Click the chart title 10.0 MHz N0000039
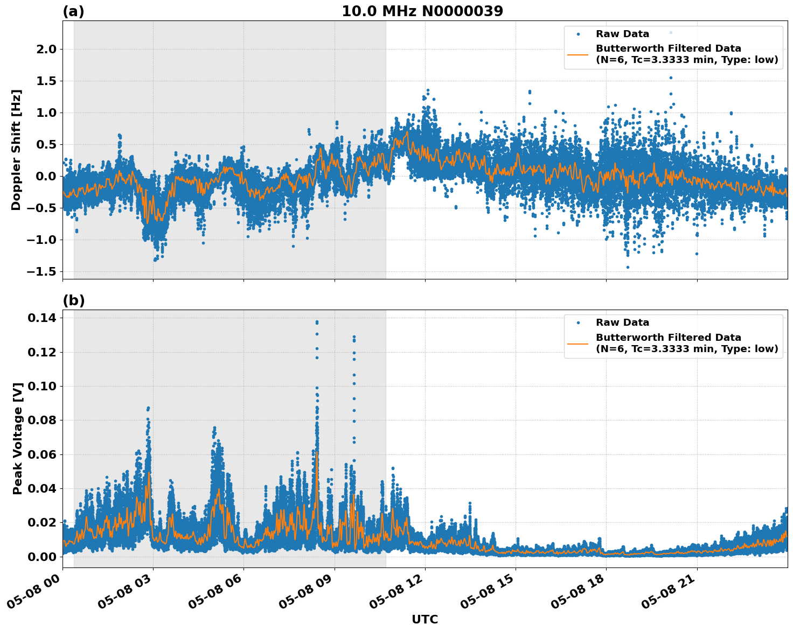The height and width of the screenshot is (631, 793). (x=422, y=11)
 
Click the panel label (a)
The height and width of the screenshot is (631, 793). (x=73, y=11)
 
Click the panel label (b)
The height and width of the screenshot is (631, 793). (x=73, y=300)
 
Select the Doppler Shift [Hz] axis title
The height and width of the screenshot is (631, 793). (x=16, y=150)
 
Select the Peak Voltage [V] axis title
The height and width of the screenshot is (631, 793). (x=18, y=438)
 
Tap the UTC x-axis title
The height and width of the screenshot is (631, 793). (x=425, y=619)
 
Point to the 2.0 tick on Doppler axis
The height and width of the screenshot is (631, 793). (x=45, y=50)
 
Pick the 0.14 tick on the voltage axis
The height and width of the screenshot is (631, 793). (x=42, y=318)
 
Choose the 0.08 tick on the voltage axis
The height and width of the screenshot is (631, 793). (x=42, y=420)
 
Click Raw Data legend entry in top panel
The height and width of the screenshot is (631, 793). (x=622, y=34)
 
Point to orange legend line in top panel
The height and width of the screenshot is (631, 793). (x=578, y=54)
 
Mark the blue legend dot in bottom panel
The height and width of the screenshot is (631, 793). (x=578, y=323)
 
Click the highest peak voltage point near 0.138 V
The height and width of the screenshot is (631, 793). (x=317, y=322)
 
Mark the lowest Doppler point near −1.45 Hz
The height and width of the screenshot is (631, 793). (x=627, y=267)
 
